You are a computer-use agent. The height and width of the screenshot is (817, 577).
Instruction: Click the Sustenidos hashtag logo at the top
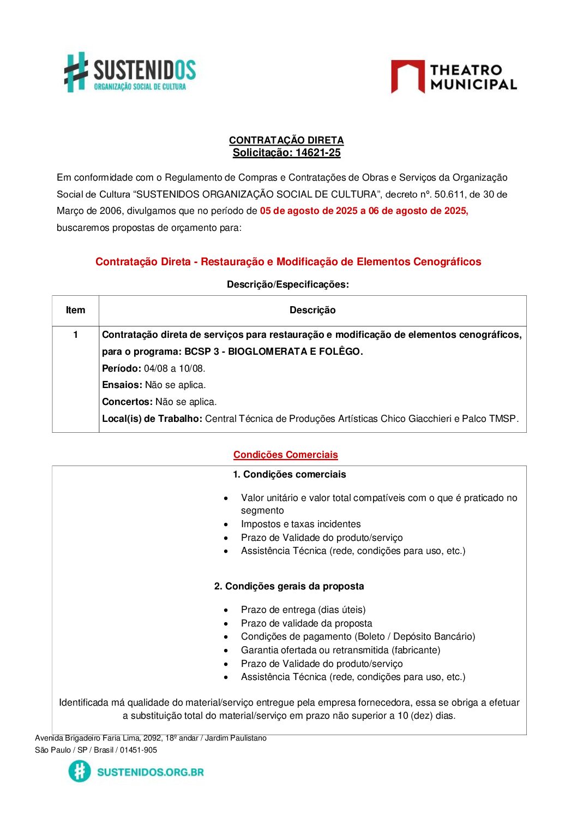point(76,71)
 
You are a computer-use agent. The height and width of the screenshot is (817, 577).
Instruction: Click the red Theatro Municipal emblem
point(407,76)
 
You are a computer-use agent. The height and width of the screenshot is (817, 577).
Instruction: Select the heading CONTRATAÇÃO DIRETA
point(286,140)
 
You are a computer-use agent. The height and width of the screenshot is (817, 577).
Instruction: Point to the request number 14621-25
point(318,153)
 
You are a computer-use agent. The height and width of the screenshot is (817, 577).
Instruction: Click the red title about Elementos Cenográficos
point(288,262)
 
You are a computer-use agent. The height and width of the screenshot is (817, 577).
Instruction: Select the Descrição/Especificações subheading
point(288,284)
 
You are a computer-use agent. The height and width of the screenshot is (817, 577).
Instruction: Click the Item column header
point(75,310)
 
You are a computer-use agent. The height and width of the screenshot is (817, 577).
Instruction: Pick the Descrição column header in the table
point(312,310)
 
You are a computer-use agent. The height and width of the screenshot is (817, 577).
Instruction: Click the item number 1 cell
point(75,335)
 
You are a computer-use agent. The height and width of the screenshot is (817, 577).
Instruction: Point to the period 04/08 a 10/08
point(175,368)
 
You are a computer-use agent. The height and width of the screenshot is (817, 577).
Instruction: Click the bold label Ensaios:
point(122,385)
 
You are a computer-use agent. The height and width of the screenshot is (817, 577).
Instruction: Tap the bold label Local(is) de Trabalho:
point(152,419)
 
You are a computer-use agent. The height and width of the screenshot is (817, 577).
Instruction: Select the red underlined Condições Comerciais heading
point(286,455)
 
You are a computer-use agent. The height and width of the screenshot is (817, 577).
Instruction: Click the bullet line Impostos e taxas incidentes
point(300,524)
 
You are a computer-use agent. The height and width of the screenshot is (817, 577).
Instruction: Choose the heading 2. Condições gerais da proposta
point(289,586)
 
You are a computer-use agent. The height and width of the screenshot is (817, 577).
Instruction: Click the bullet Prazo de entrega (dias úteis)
point(303,610)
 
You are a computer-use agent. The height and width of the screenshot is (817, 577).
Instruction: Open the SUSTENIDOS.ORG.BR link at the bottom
point(150,772)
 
